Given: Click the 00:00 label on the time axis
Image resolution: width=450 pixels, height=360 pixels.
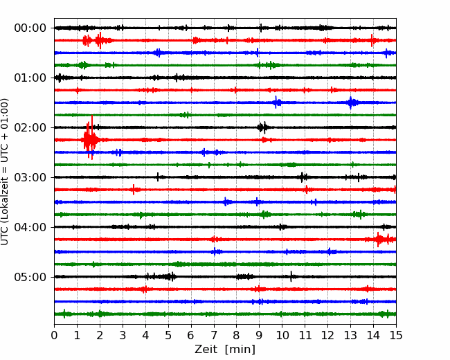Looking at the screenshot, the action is [30, 28].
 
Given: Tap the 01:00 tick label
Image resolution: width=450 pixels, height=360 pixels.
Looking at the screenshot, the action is [30, 78].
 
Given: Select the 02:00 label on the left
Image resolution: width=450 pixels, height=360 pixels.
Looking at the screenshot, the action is [30, 127].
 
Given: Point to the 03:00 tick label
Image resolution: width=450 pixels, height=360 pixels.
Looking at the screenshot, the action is [30, 177].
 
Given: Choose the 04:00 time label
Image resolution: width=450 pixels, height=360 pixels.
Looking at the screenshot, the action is [30, 227].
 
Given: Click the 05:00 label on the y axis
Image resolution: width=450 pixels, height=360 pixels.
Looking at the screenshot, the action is [30, 277].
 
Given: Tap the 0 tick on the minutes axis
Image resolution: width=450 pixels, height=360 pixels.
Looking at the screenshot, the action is [54, 335].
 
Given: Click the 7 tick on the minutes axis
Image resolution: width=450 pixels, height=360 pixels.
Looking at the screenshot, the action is [214, 335].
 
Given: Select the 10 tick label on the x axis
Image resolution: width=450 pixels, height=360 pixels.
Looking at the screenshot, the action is [282, 335].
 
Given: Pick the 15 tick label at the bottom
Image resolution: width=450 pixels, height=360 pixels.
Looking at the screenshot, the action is [396, 335].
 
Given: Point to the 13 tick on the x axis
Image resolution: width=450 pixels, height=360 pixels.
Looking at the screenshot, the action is [350, 335].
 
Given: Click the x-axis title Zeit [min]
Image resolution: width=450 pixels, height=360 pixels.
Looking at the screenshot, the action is [225, 350].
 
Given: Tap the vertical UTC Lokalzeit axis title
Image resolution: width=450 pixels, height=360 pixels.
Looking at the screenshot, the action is [5, 172].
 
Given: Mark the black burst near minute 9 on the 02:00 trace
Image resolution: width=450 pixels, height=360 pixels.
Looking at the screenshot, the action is [262, 127].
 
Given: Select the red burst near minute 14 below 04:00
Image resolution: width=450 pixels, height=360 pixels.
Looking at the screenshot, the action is [380, 239].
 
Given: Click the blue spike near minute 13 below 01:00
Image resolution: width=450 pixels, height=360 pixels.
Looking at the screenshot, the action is [351, 102].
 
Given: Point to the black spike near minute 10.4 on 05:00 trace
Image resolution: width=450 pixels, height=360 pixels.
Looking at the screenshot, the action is [291, 276].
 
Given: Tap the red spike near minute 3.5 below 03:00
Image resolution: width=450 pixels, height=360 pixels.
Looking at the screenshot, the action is [134, 190].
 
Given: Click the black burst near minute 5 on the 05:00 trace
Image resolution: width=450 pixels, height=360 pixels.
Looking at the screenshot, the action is [170, 277].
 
